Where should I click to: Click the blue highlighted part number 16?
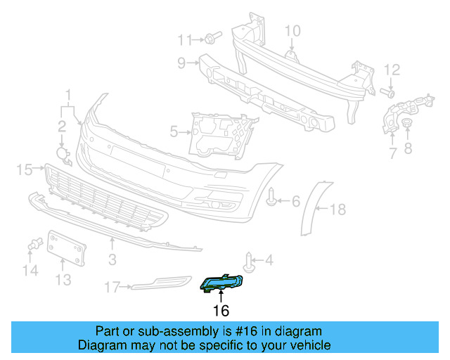point(221,284)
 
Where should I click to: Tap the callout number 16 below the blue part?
point(221,310)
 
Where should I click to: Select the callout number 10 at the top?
point(292,30)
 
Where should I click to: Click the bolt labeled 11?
point(212,37)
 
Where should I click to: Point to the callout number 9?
point(181,63)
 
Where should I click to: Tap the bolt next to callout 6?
point(272,200)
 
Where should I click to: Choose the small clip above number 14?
point(31,245)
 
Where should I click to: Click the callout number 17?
point(112,287)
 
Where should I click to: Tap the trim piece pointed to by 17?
point(162,283)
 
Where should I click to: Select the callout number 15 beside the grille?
point(25,169)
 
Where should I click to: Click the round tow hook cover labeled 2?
point(63,154)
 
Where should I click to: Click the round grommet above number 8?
point(406,125)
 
